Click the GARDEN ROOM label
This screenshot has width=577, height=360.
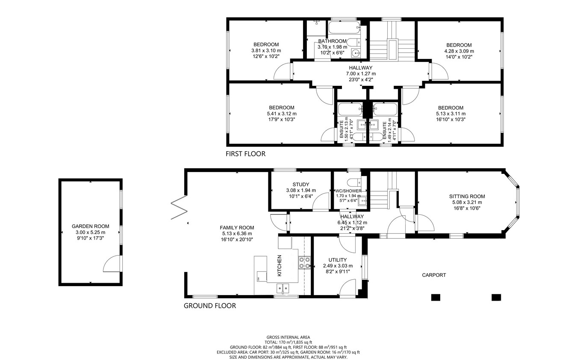pos(90,226)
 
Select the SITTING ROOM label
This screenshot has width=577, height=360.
pos(467,196)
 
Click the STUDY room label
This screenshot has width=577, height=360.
pos(301,184)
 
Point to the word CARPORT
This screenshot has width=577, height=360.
pos(434,275)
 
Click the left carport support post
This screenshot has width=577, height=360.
pos(436,297)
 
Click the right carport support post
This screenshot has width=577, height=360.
pos(496,297)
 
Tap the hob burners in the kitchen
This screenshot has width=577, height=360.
pos(304,262)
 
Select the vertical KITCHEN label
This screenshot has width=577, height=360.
pos(280,266)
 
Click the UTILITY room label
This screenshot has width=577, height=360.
pos(338,260)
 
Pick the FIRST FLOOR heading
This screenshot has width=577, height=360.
pos(245,154)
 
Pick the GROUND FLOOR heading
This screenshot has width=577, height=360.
pos(209,306)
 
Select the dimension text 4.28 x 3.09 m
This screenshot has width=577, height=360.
pos(459,51)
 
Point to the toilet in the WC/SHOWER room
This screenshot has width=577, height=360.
pos(352,181)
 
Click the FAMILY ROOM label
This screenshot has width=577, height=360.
pos(237,228)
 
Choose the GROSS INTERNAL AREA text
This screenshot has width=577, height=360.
pos(288,337)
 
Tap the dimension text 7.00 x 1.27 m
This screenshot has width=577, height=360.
pos(360,73)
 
